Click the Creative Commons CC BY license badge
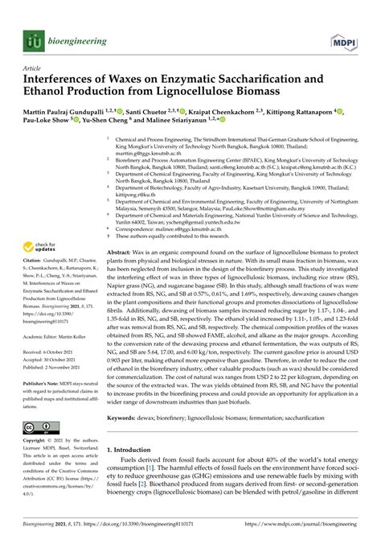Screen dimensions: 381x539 tap(42, 430)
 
